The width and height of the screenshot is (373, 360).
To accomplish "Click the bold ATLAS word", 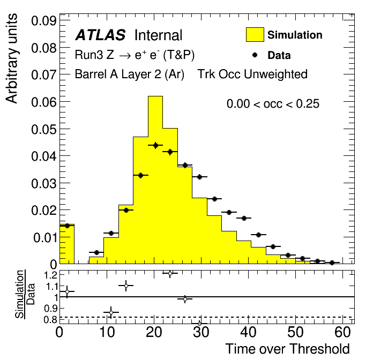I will pos(100,36).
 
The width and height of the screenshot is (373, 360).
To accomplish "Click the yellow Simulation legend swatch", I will pos(255,35).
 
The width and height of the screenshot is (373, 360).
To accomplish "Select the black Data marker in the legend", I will pos(255,55).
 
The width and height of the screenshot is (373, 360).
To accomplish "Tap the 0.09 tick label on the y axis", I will pos(45,21).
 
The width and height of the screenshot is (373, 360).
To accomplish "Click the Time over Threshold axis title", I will pos(287,349).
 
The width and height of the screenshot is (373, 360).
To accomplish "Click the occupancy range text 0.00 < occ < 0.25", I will pos(273,104).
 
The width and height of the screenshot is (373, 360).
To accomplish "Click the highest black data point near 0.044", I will pos(155,145).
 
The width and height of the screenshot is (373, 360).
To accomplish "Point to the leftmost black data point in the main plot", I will pos(67,226).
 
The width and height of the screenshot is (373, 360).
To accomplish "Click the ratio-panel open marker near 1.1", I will pos(126,286).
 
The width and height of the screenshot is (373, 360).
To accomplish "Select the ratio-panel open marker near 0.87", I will pos(111,312).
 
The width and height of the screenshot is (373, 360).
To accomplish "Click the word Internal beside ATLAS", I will pos(158,36).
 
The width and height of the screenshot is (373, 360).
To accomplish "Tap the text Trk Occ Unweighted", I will pos(252,74).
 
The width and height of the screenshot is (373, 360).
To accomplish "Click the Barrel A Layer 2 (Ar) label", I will pos(130,74).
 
